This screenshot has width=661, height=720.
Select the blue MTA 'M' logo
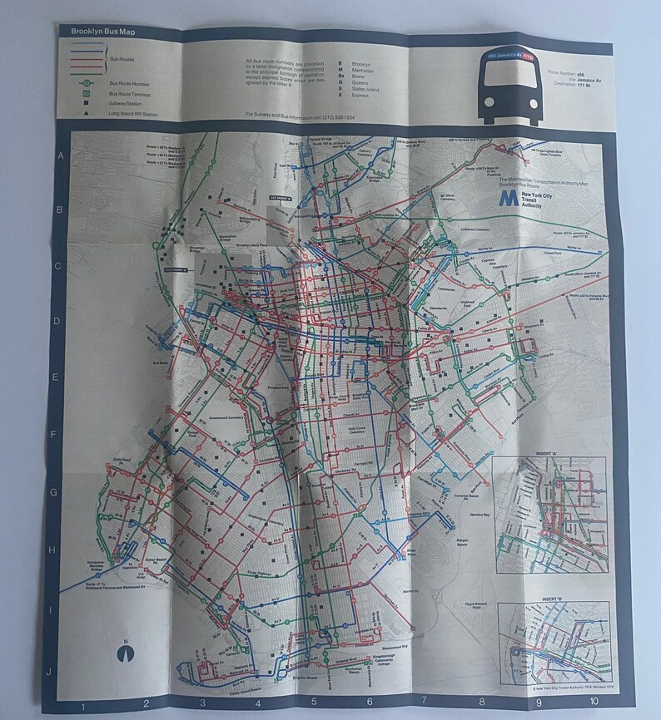507,200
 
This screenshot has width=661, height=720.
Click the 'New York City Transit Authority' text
535,200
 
